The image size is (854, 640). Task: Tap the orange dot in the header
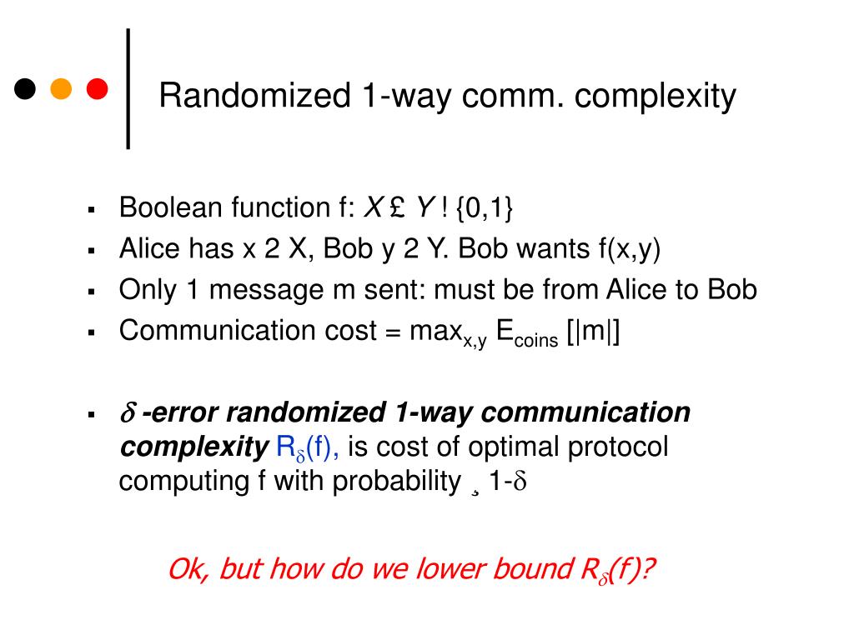tap(61, 88)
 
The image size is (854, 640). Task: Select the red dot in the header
tap(98, 88)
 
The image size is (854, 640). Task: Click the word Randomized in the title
tap(254, 97)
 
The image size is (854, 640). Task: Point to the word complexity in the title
tap(656, 97)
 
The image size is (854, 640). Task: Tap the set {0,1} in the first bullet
tap(485, 207)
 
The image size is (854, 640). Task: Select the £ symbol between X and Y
tap(395, 207)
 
